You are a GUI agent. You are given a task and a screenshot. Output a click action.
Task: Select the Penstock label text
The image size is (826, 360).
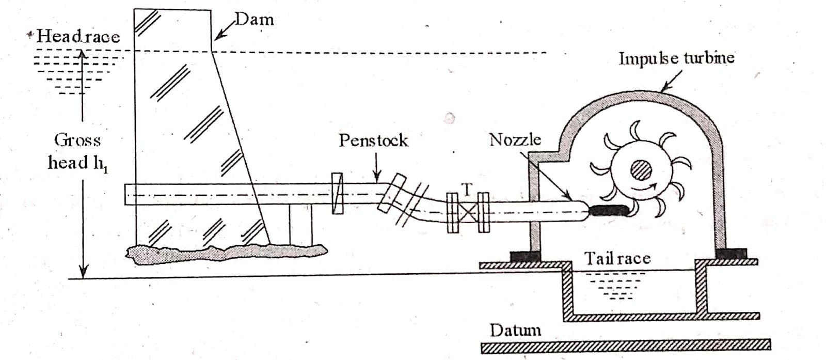pos(373,140)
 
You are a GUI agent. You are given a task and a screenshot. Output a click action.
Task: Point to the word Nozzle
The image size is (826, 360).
pos(515,140)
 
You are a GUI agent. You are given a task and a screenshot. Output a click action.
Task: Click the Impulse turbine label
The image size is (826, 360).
pos(676,58)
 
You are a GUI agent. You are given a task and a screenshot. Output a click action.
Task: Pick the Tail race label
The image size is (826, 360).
pos(617,258)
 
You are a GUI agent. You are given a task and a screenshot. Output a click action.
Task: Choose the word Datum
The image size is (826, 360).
pos(515,330)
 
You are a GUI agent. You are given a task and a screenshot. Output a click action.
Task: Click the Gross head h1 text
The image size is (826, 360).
pos(78,151)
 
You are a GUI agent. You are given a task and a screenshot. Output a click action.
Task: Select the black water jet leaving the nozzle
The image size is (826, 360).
pos(609,210)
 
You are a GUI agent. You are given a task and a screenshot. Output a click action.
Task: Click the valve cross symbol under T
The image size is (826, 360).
pos(468,212)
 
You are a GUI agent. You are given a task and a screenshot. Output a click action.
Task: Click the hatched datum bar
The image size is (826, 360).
pos(625,346)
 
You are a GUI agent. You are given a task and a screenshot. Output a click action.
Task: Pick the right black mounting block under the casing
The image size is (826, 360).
pos(731,254)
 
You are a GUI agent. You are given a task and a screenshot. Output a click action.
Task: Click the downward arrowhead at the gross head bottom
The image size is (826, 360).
pos(83,272)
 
